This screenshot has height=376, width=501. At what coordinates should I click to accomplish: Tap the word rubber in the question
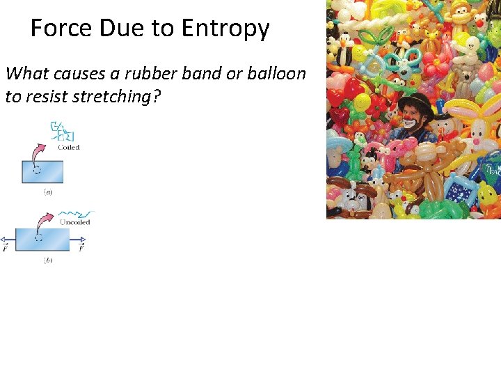point(145,73)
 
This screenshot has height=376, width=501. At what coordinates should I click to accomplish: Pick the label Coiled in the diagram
point(68,147)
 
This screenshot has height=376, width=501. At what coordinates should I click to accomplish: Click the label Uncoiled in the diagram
point(75,222)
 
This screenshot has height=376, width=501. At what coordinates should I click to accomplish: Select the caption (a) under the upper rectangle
point(47,192)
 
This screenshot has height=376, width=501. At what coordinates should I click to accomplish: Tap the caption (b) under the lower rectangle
point(47,260)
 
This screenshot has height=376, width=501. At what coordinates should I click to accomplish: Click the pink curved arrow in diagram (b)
point(45,224)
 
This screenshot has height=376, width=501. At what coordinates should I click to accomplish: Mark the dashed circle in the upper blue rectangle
point(36,171)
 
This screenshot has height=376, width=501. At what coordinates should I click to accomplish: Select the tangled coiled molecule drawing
point(63,132)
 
